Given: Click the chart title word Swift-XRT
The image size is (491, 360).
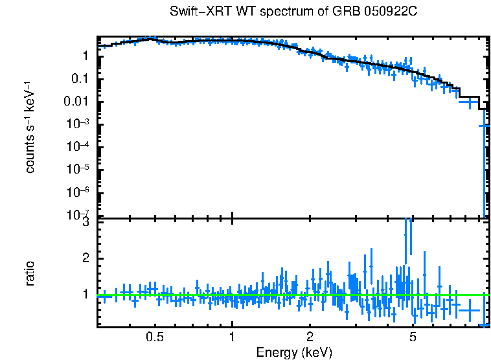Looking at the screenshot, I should [194, 12].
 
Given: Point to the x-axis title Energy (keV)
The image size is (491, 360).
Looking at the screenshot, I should [294, 352].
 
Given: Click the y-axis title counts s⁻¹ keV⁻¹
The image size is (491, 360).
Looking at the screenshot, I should [30, 127].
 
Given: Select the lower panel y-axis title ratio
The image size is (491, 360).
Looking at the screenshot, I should [30, 274].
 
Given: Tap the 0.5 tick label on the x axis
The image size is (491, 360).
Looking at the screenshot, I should [155, 337].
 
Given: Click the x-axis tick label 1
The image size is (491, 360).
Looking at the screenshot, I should [232, 337].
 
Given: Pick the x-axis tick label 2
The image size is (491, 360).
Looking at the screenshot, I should [310, 337].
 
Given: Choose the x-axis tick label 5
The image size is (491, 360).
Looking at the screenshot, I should [413, 337].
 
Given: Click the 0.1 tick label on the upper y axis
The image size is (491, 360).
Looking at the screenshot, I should [80, 79].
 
